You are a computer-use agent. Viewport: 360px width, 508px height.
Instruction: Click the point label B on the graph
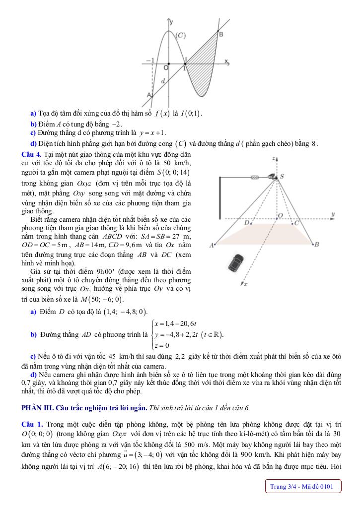tap(221, 34)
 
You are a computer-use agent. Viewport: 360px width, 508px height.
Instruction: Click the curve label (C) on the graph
tap(181, 35)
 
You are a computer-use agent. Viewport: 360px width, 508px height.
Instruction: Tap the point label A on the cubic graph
tap(149, 94)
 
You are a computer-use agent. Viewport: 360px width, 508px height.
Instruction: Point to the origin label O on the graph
tap(166, 67)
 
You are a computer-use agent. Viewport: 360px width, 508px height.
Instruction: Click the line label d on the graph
tap(163, 80)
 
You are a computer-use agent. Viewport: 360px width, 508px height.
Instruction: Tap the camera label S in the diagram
tap(282, 176)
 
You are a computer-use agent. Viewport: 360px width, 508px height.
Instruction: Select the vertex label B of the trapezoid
tap(317, 244)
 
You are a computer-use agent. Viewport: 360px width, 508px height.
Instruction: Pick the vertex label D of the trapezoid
tap(246, 223)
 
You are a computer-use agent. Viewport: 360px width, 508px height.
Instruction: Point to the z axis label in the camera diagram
tap(274, 158)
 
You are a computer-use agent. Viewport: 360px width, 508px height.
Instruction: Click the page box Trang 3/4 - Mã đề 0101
tap(303, 487)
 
